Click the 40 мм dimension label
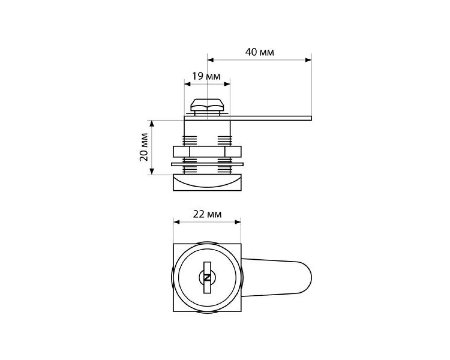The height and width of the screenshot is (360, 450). (x=259, y=52)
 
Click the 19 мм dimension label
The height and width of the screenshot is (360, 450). (x=206, y=76)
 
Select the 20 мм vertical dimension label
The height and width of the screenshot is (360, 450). (x=144, y=147)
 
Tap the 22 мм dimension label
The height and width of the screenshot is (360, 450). (x=207, y=214)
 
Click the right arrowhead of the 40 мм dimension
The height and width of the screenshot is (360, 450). (x=308, y=60)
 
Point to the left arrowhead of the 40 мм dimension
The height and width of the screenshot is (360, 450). (x=210, y=60)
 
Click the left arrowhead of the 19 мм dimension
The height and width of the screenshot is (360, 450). (x=187, y=84)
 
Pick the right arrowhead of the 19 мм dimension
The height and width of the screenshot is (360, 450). (x=227, y=84)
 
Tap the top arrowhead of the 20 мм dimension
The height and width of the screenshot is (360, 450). (x=152, y=124)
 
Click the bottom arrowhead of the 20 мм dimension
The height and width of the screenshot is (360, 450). (x=152, y=171)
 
